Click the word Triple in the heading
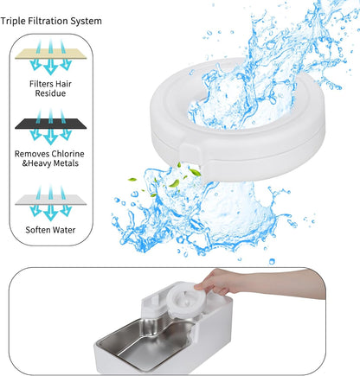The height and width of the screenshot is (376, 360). (19, 20)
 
